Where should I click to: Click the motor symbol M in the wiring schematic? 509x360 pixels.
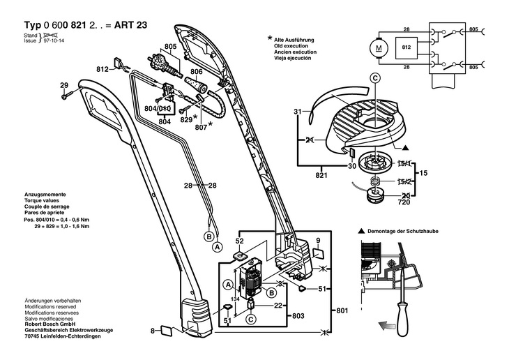click(379, 48)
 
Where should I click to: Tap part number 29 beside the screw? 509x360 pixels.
click(63, 86)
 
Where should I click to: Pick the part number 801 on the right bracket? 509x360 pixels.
click(341, 309)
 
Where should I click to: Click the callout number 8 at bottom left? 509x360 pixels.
click(152, 330)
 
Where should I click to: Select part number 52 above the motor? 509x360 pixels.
click(239, 241)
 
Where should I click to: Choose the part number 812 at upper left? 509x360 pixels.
click(102, 70)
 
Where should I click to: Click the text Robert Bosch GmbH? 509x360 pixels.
click(50, 326)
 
